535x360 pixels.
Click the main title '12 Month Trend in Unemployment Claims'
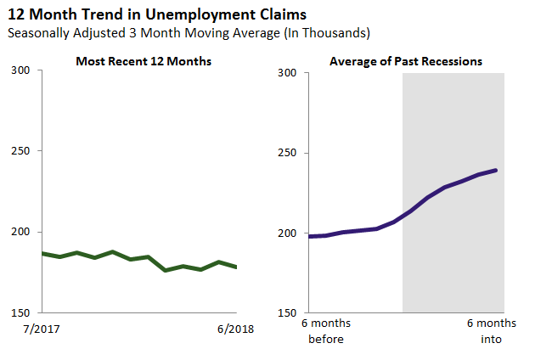tap(156, 14)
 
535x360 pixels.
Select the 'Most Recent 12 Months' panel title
tap(144, 61)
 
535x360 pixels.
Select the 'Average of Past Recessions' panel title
tap(406, 61)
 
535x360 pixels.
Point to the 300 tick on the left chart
tap(25, 70)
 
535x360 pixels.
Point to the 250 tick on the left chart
tap(25, 151)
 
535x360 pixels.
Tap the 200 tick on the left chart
tap(25, 232)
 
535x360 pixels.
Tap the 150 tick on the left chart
tap(25, 312)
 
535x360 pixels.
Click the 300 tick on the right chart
tap(289, 73)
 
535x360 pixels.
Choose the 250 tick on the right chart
tap(289, 153)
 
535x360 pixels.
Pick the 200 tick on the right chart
tap(289, 233)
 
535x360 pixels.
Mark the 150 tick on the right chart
tap(289, 312)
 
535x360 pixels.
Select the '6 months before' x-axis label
tap(326, 331)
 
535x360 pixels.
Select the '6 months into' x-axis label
tap(491, 331)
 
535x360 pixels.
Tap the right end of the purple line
tap(496, 171)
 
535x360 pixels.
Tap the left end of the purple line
tap(309, 236)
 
